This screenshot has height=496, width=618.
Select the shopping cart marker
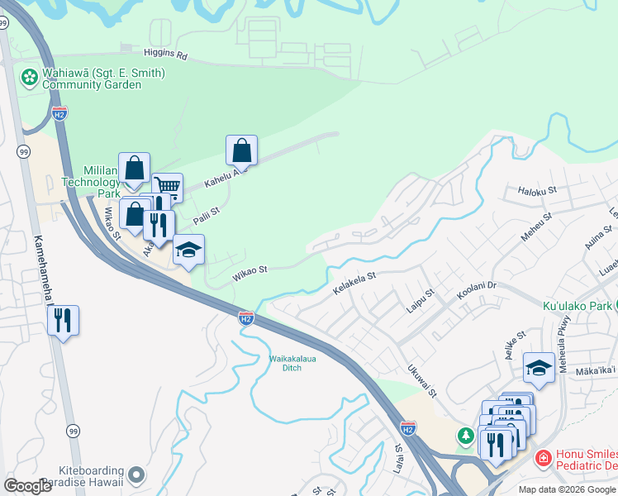click(x=167, y=187)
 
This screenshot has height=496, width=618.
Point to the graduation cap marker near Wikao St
click(x=188, y=250)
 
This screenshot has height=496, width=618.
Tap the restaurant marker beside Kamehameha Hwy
click(x=63, y=319)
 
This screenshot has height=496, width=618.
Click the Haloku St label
click(x=539, y=192)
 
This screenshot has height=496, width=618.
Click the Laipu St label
click(x=421, y=298)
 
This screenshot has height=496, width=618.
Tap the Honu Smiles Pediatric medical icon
click(x=544, y=457)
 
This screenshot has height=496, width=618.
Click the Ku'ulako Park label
click(x=577, y=306)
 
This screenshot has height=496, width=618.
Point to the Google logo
click(x=28, y=486)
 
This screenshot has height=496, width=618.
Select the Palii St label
click(x=206, y=217)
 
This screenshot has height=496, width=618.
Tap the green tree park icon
click(x=466, y=434)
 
